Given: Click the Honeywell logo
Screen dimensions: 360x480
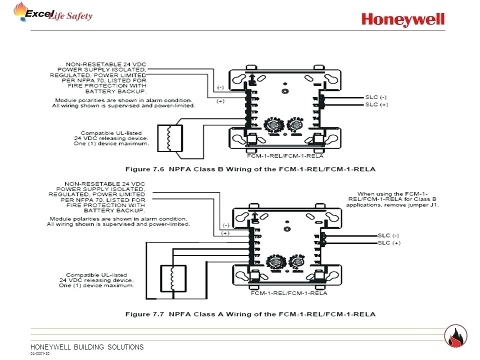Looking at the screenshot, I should (403, 19).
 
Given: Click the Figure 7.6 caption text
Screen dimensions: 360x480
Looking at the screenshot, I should (250, 169).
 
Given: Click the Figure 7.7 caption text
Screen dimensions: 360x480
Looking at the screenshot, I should (250, 314).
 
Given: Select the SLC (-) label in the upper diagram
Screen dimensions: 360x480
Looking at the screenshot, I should (376, 97).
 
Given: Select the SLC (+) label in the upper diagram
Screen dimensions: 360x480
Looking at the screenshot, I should (376, 104).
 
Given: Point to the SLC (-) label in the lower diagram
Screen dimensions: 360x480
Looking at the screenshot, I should (389, 235).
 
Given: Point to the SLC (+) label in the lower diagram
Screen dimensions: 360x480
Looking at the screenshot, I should (389, 243).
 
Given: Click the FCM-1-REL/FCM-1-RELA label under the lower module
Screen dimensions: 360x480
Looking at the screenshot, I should (289, 293).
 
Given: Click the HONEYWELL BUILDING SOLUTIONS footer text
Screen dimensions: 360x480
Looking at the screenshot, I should (87, 347).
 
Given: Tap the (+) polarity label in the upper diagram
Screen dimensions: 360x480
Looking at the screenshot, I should (220, 101).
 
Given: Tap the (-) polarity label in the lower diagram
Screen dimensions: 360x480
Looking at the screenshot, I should (225, 225).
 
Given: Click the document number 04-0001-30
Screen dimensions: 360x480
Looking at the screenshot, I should (39, 353).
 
